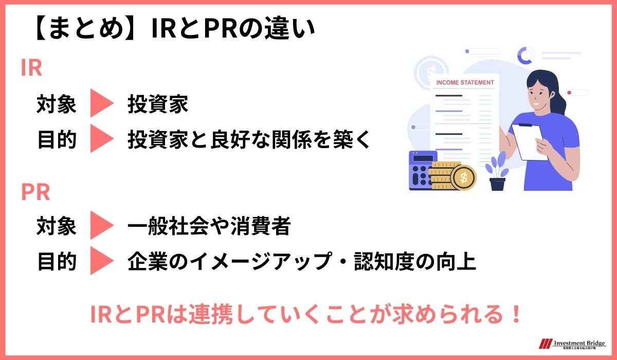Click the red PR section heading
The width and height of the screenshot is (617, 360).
pos(35,192)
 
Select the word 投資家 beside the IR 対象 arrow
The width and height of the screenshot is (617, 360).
pos(158,105)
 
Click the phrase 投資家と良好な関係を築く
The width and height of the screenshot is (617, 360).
pos(249,140)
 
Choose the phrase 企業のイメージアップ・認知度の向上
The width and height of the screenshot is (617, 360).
pos(301,262)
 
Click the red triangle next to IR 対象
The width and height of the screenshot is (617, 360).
pos(101,104)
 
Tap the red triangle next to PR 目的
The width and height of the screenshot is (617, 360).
pos(101,261)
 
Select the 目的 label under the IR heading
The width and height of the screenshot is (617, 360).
pos(57,140)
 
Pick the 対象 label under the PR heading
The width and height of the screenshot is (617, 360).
pos(57,226)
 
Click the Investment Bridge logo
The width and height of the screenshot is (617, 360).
pos(571,344)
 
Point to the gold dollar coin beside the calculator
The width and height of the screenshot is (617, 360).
pos(463,177)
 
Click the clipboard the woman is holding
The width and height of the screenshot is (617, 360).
pos(530,141)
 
